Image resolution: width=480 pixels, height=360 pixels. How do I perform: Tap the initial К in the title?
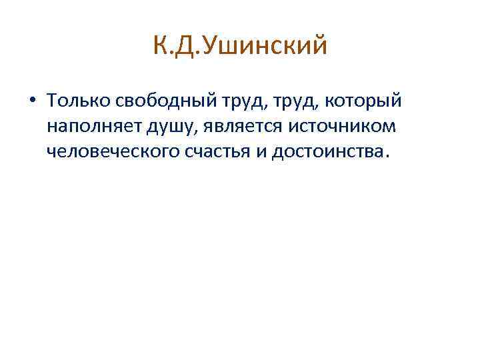click(x=159, y=47)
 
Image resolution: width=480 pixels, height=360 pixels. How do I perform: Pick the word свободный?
click(x=159, y=100)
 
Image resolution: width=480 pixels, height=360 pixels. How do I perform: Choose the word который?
click(x=362, y=101)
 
